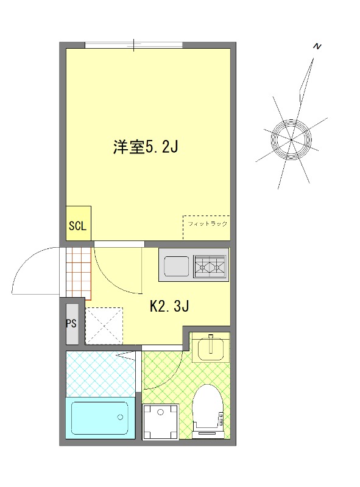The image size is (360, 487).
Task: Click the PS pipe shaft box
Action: pos(71,323)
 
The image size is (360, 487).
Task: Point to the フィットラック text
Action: pos(207,224)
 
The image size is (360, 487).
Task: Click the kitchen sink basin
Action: pos(177,266)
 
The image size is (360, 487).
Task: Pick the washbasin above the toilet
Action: pos(211,347)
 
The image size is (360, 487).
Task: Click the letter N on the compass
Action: pos(316,46)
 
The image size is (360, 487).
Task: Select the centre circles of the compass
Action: pos(292,141)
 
